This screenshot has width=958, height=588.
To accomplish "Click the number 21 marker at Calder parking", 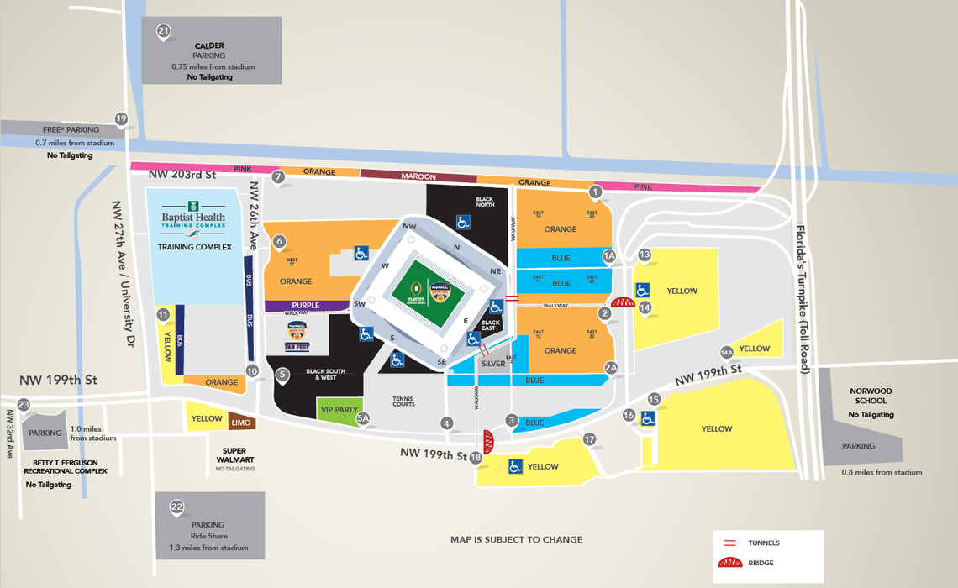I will click(x=163, y=32).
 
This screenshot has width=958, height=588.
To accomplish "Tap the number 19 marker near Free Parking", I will click(x=121, y=119).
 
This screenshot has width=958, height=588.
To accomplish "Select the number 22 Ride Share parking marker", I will click(x=176, y=507).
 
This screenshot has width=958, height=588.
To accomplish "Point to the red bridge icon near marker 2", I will click(x=623, y=303).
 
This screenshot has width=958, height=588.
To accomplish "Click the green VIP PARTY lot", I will click(x=340, y=410).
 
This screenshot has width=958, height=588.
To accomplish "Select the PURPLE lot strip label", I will click(x=306, y=306).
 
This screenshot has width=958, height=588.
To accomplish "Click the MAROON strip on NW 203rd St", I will click(x=418, y=176).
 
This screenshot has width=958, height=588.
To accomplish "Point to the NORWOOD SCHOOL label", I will click(x=870, y=396).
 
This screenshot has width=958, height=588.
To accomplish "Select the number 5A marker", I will click(x=363, y=417).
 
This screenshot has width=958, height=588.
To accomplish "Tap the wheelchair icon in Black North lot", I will click(x=462, y=222).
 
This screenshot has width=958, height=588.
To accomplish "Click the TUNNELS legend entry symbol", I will click(x=728, y=543).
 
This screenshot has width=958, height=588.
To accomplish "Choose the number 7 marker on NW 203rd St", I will click(x=278, y=176).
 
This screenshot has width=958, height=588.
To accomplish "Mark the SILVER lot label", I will click(x=493, y=364).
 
